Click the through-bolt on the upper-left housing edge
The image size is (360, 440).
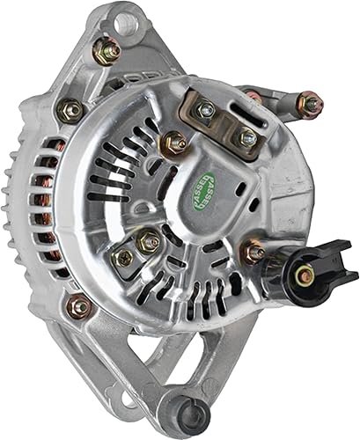(x=70, y=110)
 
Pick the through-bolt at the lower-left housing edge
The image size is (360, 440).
(x=79, y=306)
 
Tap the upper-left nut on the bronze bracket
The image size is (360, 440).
(x=207, y=109)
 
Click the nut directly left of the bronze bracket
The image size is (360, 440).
(x=174, y=141)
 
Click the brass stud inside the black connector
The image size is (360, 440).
(x=305, y=276)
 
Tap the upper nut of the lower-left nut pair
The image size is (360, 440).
(x=150, y=240)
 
